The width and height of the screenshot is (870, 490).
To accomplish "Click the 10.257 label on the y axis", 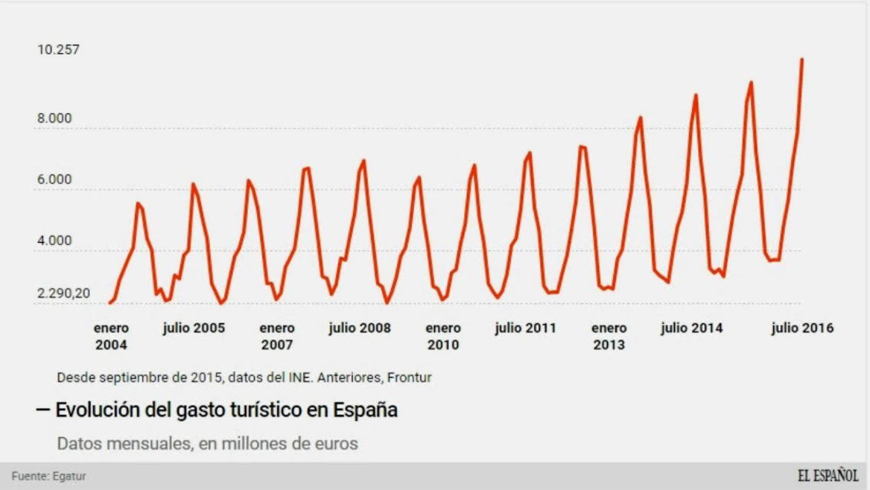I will [x=58, y=50].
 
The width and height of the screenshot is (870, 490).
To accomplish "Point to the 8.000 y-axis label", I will [x=54, y=118].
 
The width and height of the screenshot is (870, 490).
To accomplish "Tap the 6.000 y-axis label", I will [x=54, y=179].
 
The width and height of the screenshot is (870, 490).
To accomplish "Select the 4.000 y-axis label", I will [x=54, y=240].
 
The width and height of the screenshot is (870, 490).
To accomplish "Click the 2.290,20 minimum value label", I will [x=63, y=293].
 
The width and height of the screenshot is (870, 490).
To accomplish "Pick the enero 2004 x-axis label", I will [x=111, y=336].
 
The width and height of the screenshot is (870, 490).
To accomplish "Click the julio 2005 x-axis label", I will [x=194, y=328].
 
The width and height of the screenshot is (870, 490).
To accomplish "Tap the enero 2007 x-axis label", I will [x=277, y=336].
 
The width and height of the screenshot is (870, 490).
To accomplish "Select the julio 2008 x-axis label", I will [x=360, y=328].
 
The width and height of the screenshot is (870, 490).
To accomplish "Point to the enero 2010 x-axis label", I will [x=443, y=336].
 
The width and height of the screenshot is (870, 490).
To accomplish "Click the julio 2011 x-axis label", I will [x=525, y=328].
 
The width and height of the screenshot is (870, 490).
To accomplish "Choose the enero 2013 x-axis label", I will [x=609, y=336].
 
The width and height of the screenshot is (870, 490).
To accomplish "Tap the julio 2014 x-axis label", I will [x=692, y=328].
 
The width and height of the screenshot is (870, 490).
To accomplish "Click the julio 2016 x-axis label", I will [x=802, y=328].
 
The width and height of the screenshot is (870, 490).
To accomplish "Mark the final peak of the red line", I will [x=802, y=60].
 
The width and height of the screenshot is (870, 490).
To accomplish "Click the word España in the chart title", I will [x=365, y=410].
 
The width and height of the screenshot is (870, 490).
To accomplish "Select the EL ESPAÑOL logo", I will [x=828, y=476].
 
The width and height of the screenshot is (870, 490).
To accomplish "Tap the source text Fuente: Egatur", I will [x=49, y=476].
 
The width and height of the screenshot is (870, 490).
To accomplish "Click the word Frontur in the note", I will [x=409, y=377].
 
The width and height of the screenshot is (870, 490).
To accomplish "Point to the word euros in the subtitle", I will [x=336, y=444].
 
